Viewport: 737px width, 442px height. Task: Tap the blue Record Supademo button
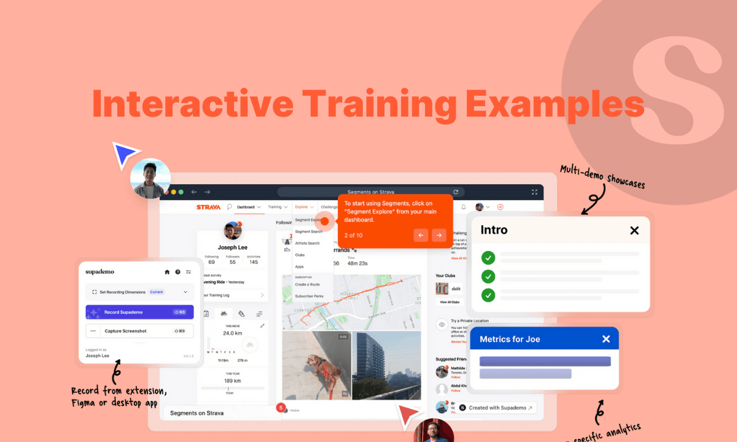pos(139,312)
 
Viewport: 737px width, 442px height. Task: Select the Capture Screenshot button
pos(139,331)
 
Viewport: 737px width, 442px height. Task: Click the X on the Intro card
pos(634,230)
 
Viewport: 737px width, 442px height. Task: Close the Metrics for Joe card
pos(606,339)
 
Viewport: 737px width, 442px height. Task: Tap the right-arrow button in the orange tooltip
pos(439,235)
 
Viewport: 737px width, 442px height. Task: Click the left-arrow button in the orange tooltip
pos(421,235)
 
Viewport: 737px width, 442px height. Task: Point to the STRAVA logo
pos(208,207)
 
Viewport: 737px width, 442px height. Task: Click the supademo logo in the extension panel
pos(99,271)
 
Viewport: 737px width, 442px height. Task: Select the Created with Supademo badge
pos(497,408)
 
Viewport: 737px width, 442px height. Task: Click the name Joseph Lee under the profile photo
pos(232,248)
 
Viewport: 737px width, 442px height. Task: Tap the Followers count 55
pos(232,262)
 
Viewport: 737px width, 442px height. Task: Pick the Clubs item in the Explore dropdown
pos(300,255)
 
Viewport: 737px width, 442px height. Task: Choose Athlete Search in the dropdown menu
pos(307,243)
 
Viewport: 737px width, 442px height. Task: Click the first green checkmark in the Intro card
pos(488,257)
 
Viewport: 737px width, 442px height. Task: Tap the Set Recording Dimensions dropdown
pos(139,292)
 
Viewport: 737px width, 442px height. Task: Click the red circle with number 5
pos(281,407)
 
